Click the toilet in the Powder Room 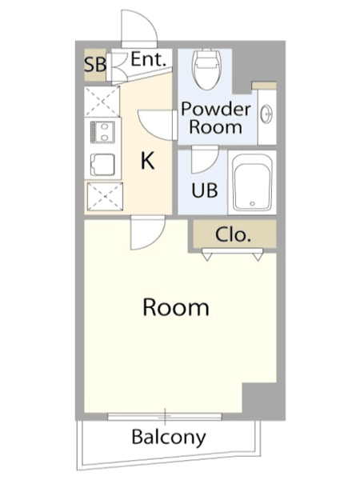(x=206, y=69)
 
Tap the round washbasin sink (x=266, y=114)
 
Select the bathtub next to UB (x=252, y=182)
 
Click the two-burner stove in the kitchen (x=102, y=132)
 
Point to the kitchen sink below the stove (x=102, y=165)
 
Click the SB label (x=95, y=65)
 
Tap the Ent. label (x=149, y=59)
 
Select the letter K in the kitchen (x=147, y=161)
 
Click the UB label (x=205, y=190)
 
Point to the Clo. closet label (x=234, y=234)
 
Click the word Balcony (x=169, y=437)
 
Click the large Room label (x=176, y=307)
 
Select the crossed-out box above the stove (x=102, y=102)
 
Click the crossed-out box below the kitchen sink (x=105, y=196)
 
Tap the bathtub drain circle (x=252, y=203)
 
